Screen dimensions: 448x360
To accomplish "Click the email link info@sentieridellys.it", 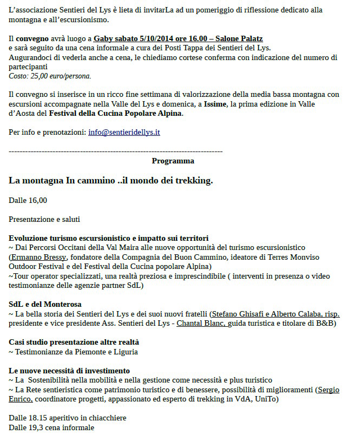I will point(124,132).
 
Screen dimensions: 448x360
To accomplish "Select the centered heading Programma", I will point(173,161).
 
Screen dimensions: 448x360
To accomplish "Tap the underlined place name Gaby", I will point(102,39).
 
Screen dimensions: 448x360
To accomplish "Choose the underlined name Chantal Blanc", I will point(199,323).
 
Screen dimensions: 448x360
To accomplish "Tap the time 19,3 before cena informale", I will point(36,427).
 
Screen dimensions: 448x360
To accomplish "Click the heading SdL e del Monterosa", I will point(45,304).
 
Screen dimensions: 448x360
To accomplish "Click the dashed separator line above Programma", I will point(115,151).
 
